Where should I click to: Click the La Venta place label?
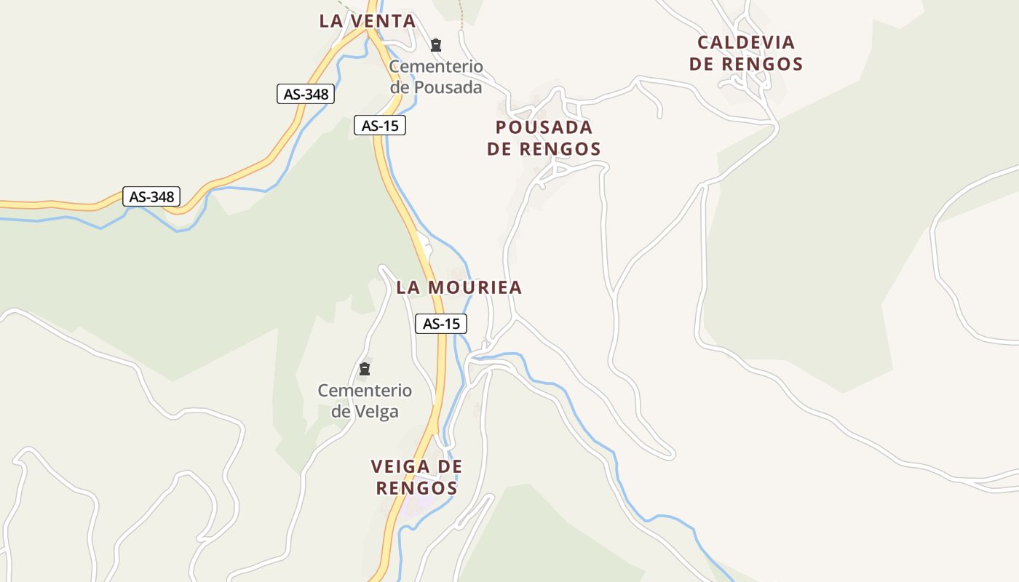(x=368, y=21)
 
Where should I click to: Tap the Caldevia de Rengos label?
(x=746, y=53)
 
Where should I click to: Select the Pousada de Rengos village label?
(x=544, y=138)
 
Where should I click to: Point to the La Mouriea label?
(x=459, y=287)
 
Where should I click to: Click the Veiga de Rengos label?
(x=416, y=477)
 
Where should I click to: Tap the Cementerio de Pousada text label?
(x=436, y=77)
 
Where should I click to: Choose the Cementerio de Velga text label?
(x=365, y=401)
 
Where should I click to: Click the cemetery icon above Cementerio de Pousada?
(x=436, y=45)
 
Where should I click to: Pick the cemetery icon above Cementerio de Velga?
(x=365, y=369)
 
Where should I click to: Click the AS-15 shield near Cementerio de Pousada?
(x=380, y=125)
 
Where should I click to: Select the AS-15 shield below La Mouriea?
(x=441, y=324)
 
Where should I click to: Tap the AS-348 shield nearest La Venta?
(x=306, y=94)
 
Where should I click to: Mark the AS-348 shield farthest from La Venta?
(x=151, y=196)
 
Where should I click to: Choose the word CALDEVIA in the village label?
(x=746, y=42)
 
